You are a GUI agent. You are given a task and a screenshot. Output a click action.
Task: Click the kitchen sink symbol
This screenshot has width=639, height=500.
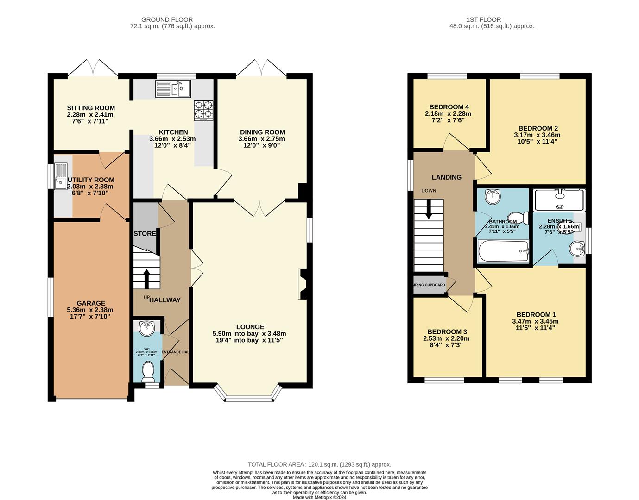pos(173,88)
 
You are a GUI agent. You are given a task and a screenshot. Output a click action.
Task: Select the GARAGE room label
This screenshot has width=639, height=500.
pos(91,303)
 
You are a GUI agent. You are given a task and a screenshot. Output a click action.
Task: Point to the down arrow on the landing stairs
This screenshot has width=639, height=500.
pos(429,209)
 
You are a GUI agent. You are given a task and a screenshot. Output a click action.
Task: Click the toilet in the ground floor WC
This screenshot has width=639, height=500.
pos(149,370)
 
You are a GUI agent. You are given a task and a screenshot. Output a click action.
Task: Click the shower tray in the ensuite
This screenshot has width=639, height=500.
pos(559,200)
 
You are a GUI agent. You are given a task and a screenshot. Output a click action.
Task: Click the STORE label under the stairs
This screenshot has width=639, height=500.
pos(145,233)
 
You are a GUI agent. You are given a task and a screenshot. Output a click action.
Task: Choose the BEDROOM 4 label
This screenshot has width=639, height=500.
pos(449,107)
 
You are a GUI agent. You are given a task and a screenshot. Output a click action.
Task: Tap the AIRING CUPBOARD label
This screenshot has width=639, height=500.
pos(429,285)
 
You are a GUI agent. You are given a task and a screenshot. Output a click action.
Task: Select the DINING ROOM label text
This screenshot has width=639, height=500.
pos(262,132)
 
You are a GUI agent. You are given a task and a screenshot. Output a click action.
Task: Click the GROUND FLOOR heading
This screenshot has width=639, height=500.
pos(167,19)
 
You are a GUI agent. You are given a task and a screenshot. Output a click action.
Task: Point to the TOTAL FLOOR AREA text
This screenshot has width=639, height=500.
pos(276,464)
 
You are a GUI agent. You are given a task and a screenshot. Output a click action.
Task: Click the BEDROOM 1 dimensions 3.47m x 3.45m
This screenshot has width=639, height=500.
pos(535,321)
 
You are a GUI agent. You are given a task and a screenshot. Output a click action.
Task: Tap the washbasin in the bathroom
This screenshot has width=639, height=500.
pos(492,197)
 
